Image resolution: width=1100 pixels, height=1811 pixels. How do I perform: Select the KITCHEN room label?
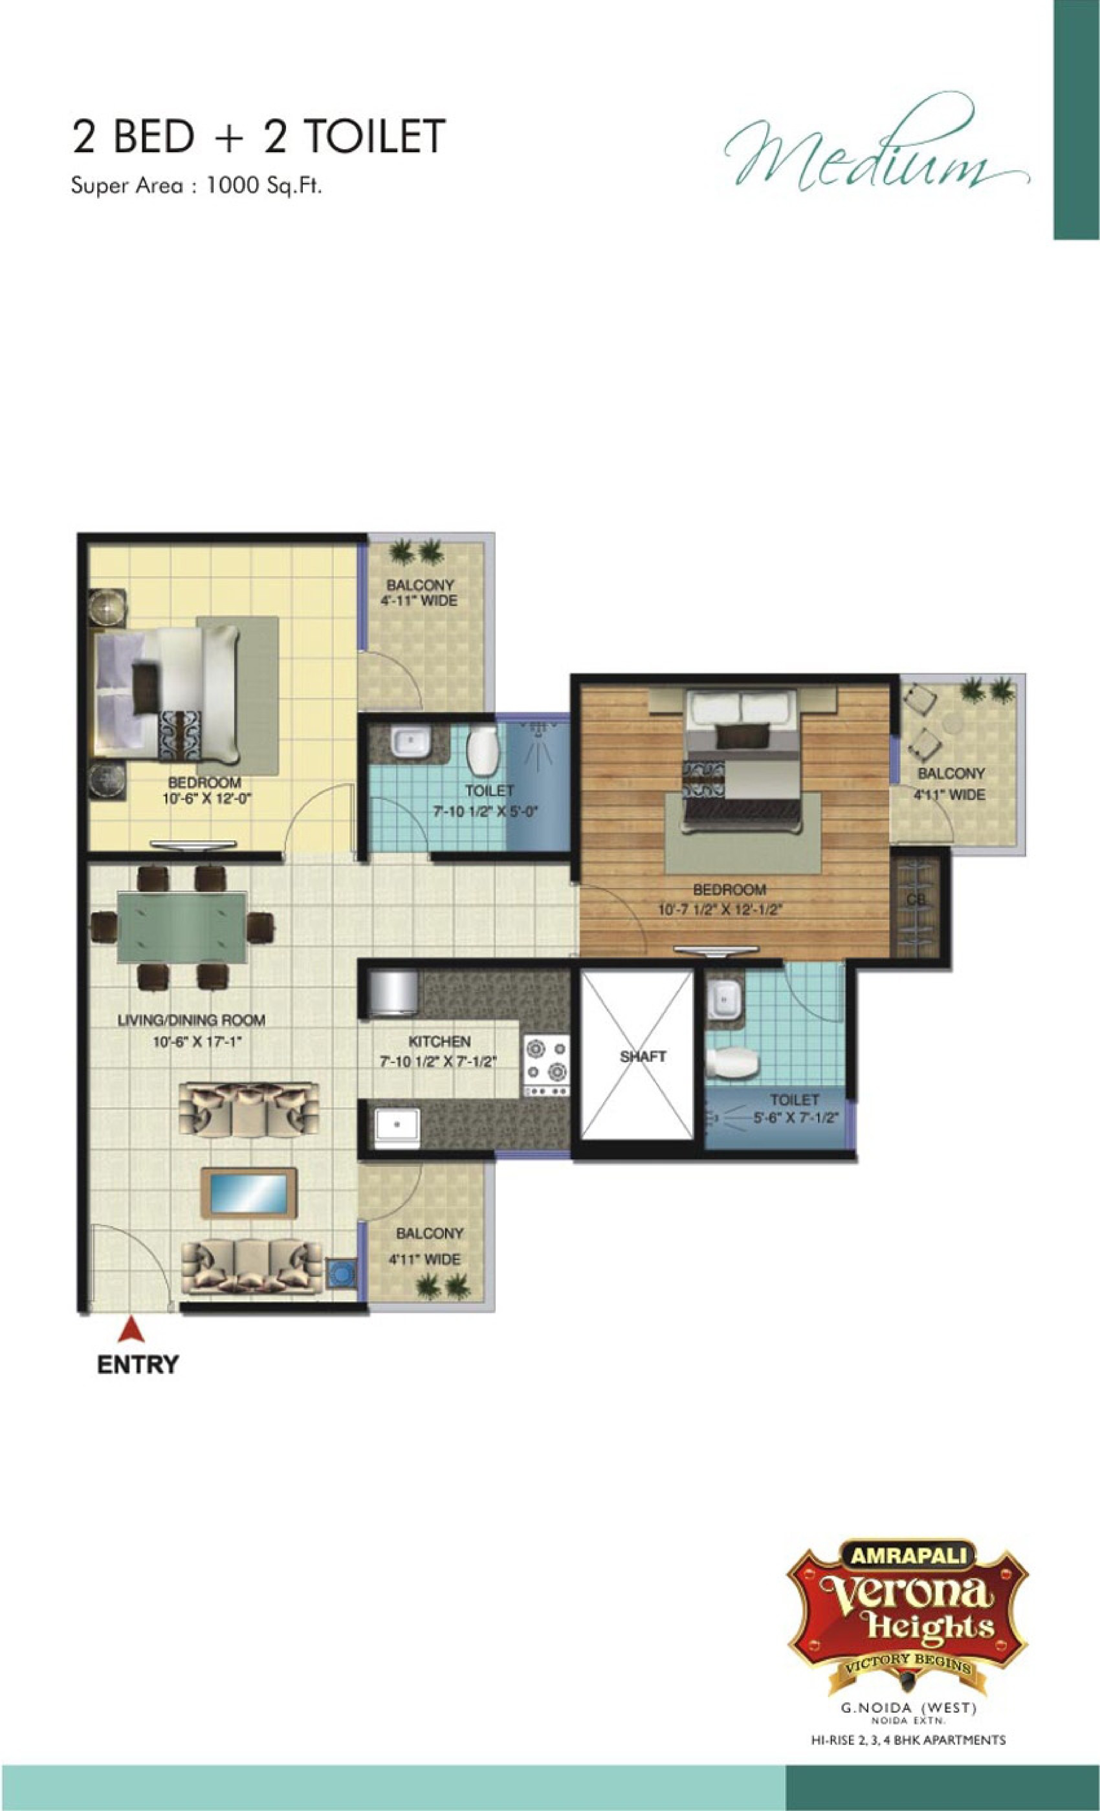pos(439,1041)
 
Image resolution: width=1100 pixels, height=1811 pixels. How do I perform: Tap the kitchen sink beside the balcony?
pos(396,1128)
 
